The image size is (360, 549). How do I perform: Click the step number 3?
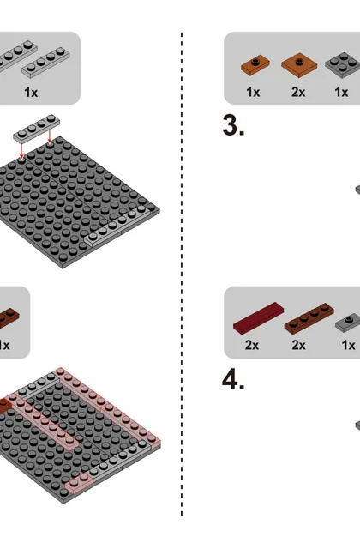click(x=233, y=125)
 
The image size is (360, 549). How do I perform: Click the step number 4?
click(x=233, y=380)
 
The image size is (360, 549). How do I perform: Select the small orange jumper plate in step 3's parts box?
click(x=255, y=64)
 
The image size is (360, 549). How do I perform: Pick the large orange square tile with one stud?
click(x=299, y=65)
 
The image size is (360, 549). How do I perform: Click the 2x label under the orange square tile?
click(x=298, y=92)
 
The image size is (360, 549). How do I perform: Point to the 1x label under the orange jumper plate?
click(x=253, y=92)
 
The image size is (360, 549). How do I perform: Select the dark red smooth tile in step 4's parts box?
click(x=259, y=317)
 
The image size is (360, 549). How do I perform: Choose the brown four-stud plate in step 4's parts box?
click(x=309, y=318)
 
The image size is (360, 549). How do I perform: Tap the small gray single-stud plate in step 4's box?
click(x=348, y=323)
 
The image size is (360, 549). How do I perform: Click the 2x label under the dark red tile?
click(x=252, y=345)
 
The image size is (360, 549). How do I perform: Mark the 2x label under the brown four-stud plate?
click(x=299, y=345)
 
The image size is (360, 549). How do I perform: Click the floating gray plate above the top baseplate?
click(x=36, y=128)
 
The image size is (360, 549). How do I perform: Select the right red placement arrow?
click(x=50, y=136)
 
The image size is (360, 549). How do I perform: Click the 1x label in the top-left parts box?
click(x=31, y=93)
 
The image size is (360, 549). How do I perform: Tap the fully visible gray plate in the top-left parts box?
click(x=45, y=63)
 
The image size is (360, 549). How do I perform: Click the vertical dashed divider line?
click(x=182, y=274)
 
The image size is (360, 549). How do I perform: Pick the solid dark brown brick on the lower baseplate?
click(x=5, y=406)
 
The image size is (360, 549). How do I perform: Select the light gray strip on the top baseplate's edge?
click(x=120, y=225)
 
